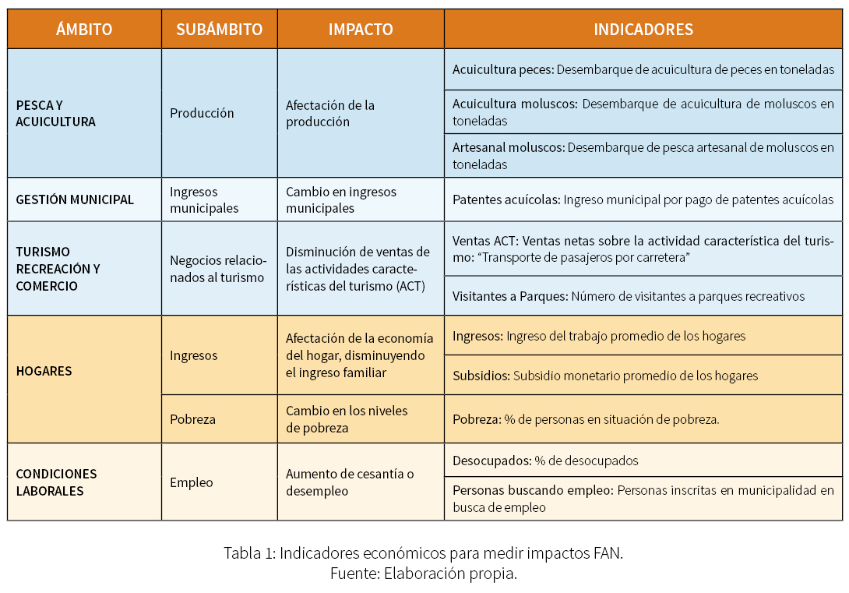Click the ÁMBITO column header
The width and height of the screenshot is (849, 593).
click(84, 30)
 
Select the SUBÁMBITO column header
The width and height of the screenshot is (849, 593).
click(219, 30)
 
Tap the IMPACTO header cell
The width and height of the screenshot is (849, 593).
click(361, 30)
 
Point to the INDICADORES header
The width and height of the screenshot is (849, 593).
click(643, 30)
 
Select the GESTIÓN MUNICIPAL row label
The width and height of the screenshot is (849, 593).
click(75, 199)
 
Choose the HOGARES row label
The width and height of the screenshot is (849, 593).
click(44, 371)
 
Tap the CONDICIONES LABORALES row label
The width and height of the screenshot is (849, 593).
click(56, 482)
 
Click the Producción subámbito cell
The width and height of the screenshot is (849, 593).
click(202, 113)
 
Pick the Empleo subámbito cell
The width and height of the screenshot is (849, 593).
click(191, 482)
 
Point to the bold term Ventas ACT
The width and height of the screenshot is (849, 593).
click(484, 241)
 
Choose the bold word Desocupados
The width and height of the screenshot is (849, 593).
click(491, 461)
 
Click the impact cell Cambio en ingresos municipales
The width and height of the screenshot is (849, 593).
click(341, 199)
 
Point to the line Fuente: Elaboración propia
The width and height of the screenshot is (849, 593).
click(423, 574)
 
